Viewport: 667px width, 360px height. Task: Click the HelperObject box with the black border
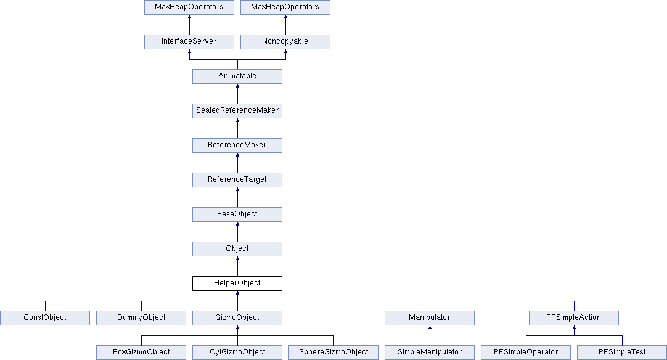click(237, 284)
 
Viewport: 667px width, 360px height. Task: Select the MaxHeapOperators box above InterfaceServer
click(189, 7)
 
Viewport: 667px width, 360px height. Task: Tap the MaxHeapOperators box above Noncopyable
click(285, 7)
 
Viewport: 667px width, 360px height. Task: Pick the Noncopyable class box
click(285, 42)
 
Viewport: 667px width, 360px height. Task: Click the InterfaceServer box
click(189, 42)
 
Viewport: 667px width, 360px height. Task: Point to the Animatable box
click(237, 76)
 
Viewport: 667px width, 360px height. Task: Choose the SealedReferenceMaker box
click(237, 110)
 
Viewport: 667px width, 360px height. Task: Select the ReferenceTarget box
click(237, 179)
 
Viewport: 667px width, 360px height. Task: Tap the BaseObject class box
click(237, 214)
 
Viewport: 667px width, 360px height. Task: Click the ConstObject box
click(44, 318)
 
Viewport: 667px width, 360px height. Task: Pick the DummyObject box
click(141, 318)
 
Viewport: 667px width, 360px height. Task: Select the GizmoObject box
click(237, 318)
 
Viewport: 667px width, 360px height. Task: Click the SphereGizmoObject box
click(333, 353)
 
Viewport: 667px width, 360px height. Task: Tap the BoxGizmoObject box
click(141, 353)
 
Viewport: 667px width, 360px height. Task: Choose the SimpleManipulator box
click(429, 353)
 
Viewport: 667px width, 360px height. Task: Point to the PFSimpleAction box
click(573, 318)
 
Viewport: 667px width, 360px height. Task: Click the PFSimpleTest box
click(621, 353)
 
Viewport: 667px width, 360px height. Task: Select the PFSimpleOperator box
click(525, 353)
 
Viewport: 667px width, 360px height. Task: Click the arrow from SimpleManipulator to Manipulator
click(430, 335)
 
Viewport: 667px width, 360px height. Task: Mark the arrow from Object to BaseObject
click(237, 232)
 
